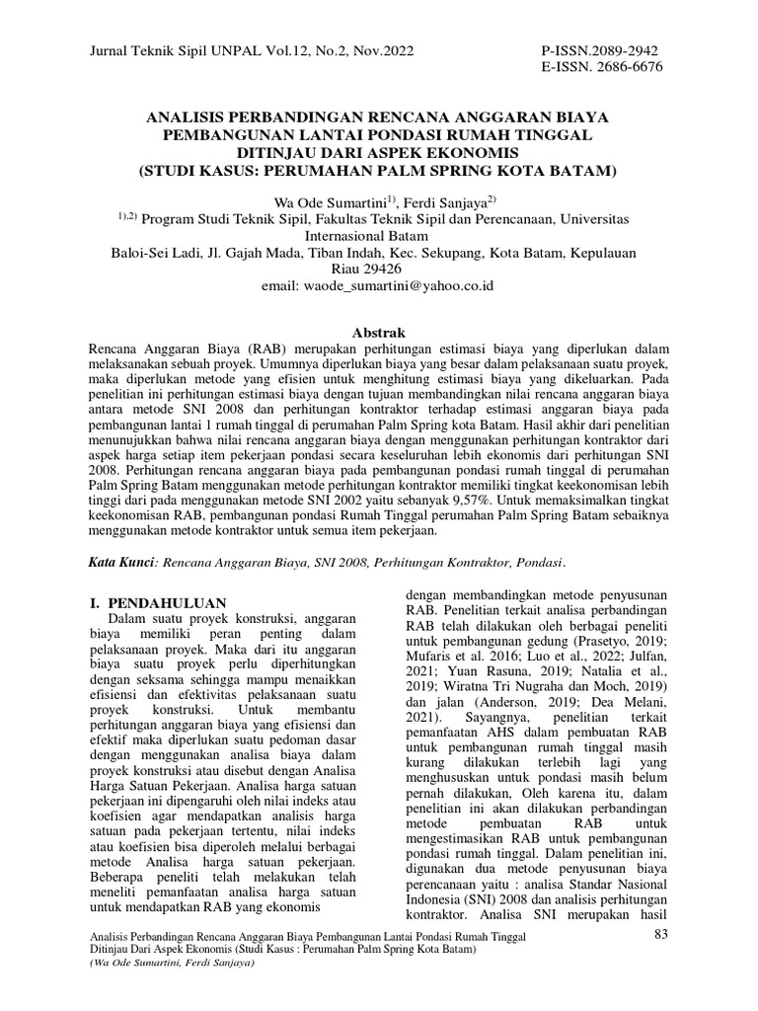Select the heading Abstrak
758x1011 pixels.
379,333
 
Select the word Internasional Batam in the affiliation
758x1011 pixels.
379,236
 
